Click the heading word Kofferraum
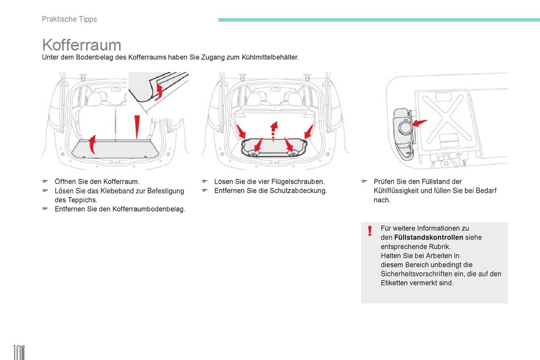pyautogui.click(x=81, y=45)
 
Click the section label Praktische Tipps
pyautogui.click(x=69, y=19)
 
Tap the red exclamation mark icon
pyautogui.click(x=369, y=231)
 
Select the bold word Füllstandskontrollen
pyautogui.click(x=428, y=237)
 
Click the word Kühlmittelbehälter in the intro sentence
pyautogui.click(x=269, y=58)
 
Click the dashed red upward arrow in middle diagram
pyautogui.click(x=273, y=130)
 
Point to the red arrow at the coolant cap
pyautogui.click(x=419, y=123)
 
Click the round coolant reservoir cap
pyautogui.click(x=405, y=127)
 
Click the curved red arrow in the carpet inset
pyautogui.click(x=160, y=92)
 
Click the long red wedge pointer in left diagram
pyautogui.click(x=136, y=127)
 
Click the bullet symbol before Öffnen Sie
pyautogui.click(x=44, y=181)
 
